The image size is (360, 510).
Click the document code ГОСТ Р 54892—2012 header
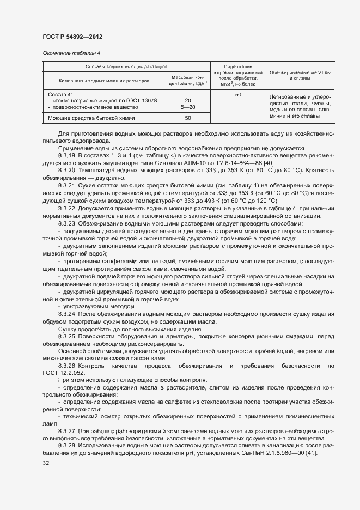72,37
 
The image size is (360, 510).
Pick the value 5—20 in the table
187,107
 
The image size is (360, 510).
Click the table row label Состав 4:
60,94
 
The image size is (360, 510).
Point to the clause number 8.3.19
68,156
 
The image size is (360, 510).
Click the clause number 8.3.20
68,171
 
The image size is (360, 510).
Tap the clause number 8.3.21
68,186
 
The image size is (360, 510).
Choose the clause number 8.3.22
68,209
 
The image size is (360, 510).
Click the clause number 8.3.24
68,314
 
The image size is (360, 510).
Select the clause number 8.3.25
68,337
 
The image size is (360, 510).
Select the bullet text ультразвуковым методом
90,307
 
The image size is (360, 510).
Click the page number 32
46,464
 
